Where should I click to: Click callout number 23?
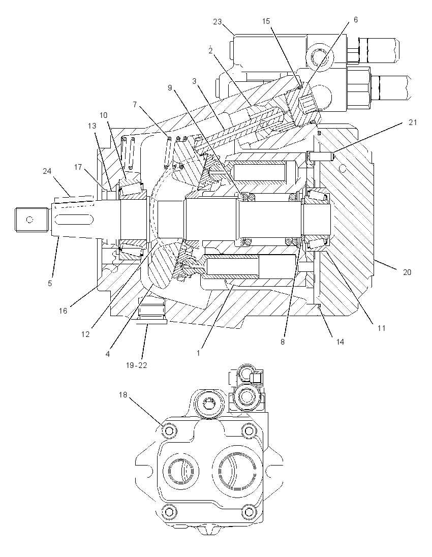click(217, 22)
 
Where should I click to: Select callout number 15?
click(266, 21)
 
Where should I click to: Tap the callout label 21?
click(413, 122)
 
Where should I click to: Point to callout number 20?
click(407, 272)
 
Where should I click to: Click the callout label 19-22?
click(136, 365)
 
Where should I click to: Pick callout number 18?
click(123, 395)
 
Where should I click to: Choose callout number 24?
click(47, 171)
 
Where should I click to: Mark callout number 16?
click(63, 311)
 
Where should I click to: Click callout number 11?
click(381, 328)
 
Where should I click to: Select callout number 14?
click(340, 342)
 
